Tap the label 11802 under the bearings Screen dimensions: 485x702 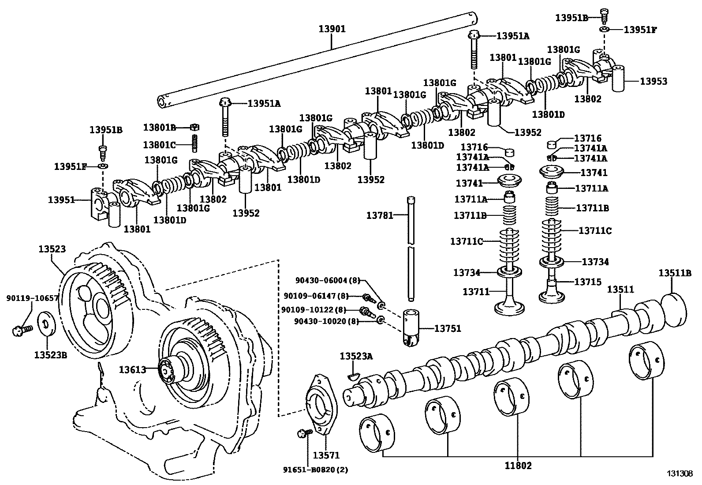click(x=518, y=465)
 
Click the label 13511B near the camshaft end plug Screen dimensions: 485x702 click(x=675, y=273)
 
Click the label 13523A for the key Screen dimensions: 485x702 click(x=356, y=356)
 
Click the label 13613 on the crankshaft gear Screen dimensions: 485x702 click(x=132, y=370)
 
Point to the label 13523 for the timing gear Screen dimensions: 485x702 click(x=52, y=249)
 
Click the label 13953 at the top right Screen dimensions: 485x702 click(x=653, y=81)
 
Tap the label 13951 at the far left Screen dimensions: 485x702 click(x=61, y=200)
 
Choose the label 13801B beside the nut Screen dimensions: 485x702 click(x=160, y=127)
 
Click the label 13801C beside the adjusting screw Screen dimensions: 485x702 click(x=160, y=144)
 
